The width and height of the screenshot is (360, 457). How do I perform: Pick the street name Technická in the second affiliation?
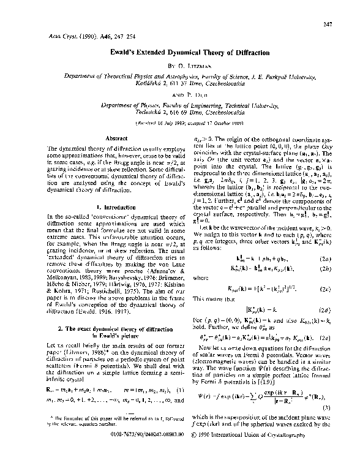click(137, 132)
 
